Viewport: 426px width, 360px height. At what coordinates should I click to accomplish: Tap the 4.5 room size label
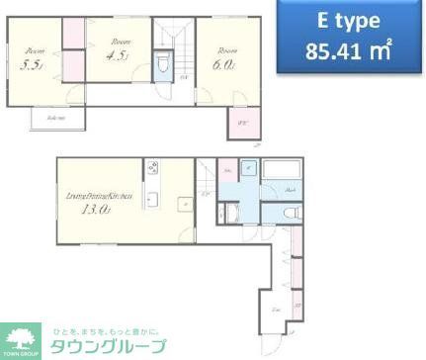pyautogui.click(x=118, y=56)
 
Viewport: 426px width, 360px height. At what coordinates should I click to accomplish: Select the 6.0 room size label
pyautogui.click(x=223, y=65)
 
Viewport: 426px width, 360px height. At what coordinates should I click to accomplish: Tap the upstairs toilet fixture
pyautogui.click(x=164, y=68)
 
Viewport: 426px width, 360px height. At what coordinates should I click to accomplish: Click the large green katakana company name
pyautogui.click(x=108, y=346)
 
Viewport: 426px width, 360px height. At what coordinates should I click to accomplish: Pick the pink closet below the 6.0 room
pyautogui.click(x=242, y=124)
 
